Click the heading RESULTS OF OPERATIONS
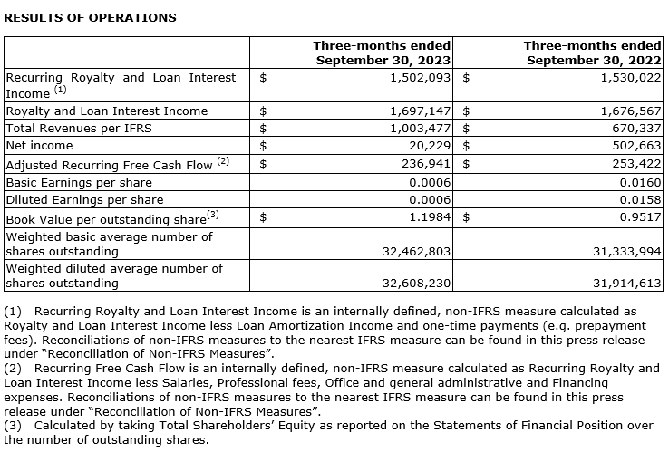pos(91,17)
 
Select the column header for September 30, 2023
pos(383,53)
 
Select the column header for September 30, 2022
pos(594,53)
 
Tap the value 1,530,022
pos(627,78)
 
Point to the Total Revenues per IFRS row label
pos(79,128)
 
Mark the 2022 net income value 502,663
pos(632,145)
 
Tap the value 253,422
pos(632,164)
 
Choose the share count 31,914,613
pos(624,283)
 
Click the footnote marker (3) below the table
pos(14,425)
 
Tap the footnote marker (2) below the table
pos(14,368)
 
